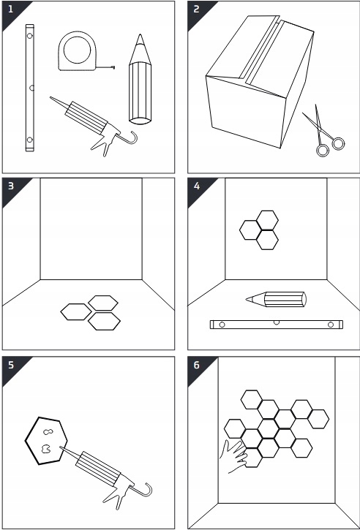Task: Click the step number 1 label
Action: coord(10,10)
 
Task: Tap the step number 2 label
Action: coord(197,10)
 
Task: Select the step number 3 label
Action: coord(11,186)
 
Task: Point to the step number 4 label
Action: coord(197,186)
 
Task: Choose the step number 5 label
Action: coord(11,366)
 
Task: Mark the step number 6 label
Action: coord(197,366)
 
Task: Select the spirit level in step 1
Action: coord(30,88)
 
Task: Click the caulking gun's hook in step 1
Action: coord(132,139)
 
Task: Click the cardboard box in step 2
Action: coord(260,81)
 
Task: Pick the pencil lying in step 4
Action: coord(276,299)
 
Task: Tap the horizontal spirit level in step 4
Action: coord(276,325)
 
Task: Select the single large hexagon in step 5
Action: coord(46,441)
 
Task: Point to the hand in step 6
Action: coord(233,456)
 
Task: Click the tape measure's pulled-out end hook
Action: coord(113,67)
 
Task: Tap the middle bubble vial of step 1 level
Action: coord(31,88)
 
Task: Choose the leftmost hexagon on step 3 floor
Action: coord(76,311)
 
